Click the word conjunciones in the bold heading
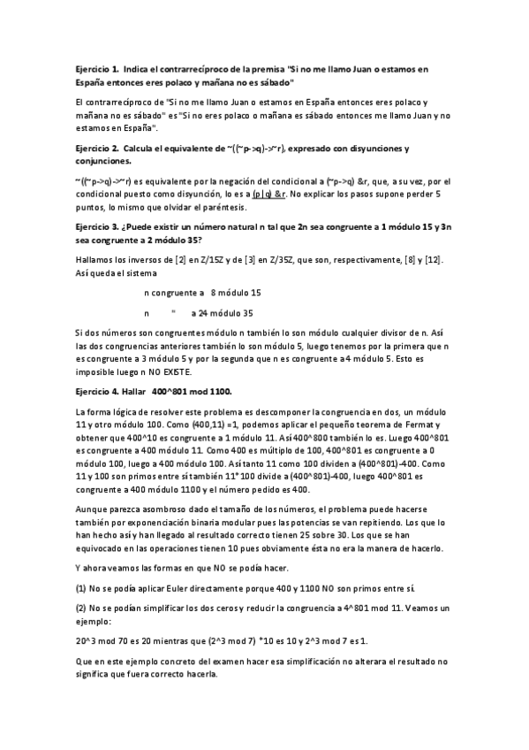pyautogui.click(x=103, y=161)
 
